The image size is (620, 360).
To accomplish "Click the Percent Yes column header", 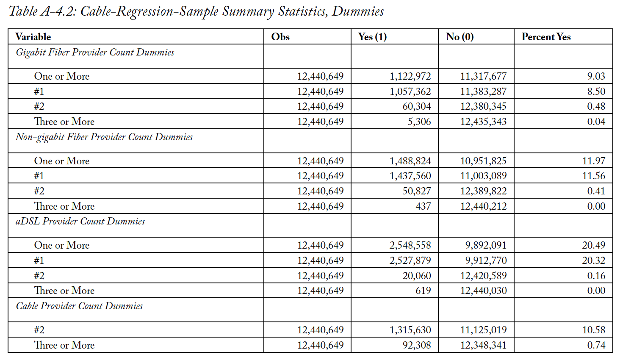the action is coord(546,37).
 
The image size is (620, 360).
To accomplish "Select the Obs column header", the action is coord(280,37).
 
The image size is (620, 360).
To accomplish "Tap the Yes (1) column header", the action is coord(372,37).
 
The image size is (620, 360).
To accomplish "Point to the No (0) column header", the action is coord(460,37).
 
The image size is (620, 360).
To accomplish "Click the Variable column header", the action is coord(33,37).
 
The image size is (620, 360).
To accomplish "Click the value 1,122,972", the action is coord(410,76).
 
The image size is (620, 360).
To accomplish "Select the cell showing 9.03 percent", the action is coord(596,76).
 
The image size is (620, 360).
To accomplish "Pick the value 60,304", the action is coord(417,107).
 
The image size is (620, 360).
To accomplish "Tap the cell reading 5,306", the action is coord(419,122).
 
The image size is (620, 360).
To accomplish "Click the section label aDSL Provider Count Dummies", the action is coord(80,222).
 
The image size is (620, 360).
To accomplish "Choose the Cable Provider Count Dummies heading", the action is coord(79,306).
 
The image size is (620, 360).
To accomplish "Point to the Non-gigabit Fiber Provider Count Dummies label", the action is coord(104,137).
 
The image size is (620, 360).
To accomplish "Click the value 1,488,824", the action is coord(410,161).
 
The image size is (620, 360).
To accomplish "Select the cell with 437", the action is coord(423,206).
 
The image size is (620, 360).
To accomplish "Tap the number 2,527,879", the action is coord(410,260).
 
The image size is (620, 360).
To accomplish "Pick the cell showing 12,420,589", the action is coord(483,276).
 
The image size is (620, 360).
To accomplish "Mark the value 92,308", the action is coord(417,345).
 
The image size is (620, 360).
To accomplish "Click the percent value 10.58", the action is coord(593,330).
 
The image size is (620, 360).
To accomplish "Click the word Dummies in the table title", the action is coord(357,11).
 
